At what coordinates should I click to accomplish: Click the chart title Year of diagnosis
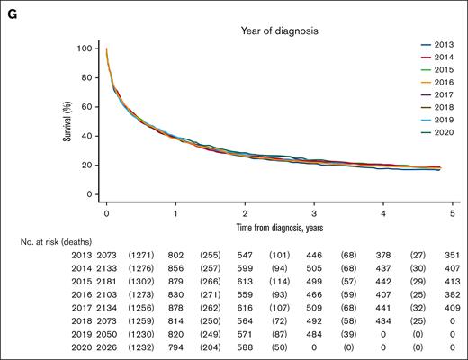tap(264, 30)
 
